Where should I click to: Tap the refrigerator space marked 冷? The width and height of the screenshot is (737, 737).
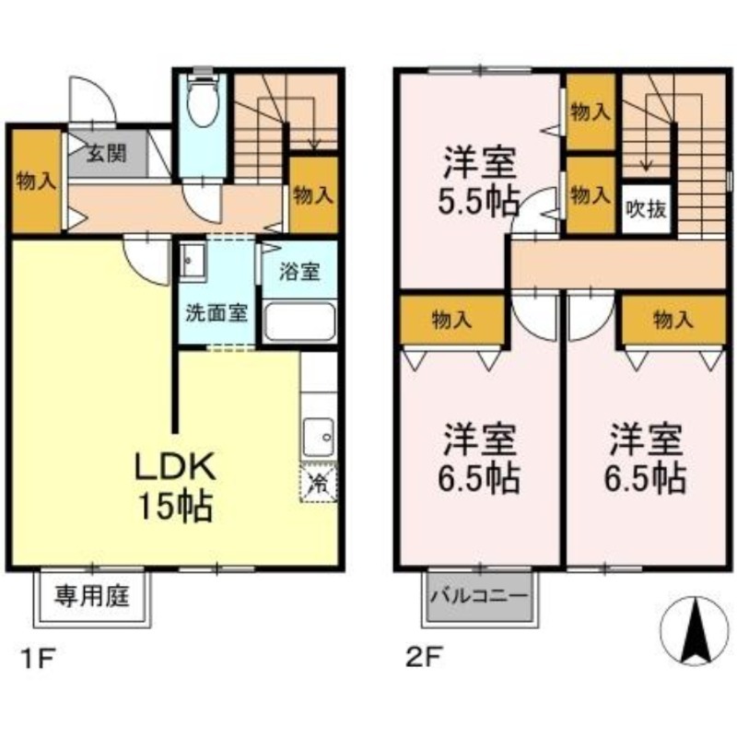318,481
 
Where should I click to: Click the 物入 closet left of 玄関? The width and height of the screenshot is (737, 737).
36,181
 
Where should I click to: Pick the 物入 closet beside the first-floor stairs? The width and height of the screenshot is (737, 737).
313,194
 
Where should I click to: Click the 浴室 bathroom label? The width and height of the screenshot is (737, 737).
300,272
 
